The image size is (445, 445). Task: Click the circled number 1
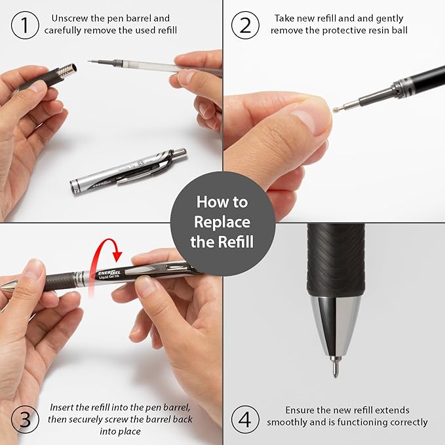click(x=25, y=25)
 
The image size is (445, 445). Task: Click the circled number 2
click(x=245, y=25)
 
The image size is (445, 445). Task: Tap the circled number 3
click(x=25, y=419)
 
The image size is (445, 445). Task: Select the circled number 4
click(x=245, y=419)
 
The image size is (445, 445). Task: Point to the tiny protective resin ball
click(x=336, y=110)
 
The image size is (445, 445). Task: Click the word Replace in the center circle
click(x=222, y=222)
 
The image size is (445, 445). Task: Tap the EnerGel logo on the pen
click(x=109, y=273)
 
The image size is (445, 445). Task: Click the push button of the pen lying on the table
click(x=180, y=153)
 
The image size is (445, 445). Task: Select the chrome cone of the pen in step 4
click(x=336, y=326)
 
